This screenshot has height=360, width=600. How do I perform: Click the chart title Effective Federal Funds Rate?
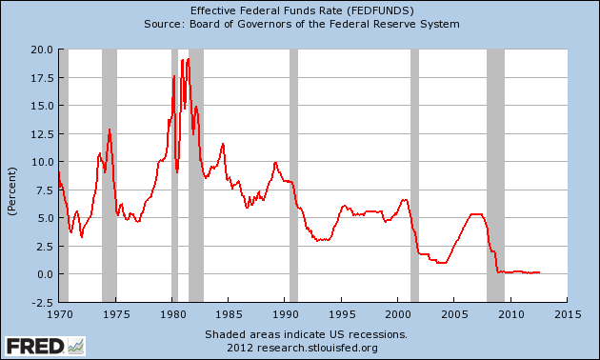[299, 9]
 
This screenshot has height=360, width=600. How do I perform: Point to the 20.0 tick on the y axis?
[40, 49]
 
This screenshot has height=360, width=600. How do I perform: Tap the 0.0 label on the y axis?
[44, 273]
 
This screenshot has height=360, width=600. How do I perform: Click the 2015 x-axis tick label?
[568, 313]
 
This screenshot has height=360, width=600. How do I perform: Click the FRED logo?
[44, 345]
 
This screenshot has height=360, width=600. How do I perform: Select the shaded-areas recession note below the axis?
[305, 334]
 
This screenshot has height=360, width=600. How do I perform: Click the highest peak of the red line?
[189, 59]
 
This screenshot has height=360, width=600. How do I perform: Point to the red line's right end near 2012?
[539, 272]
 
